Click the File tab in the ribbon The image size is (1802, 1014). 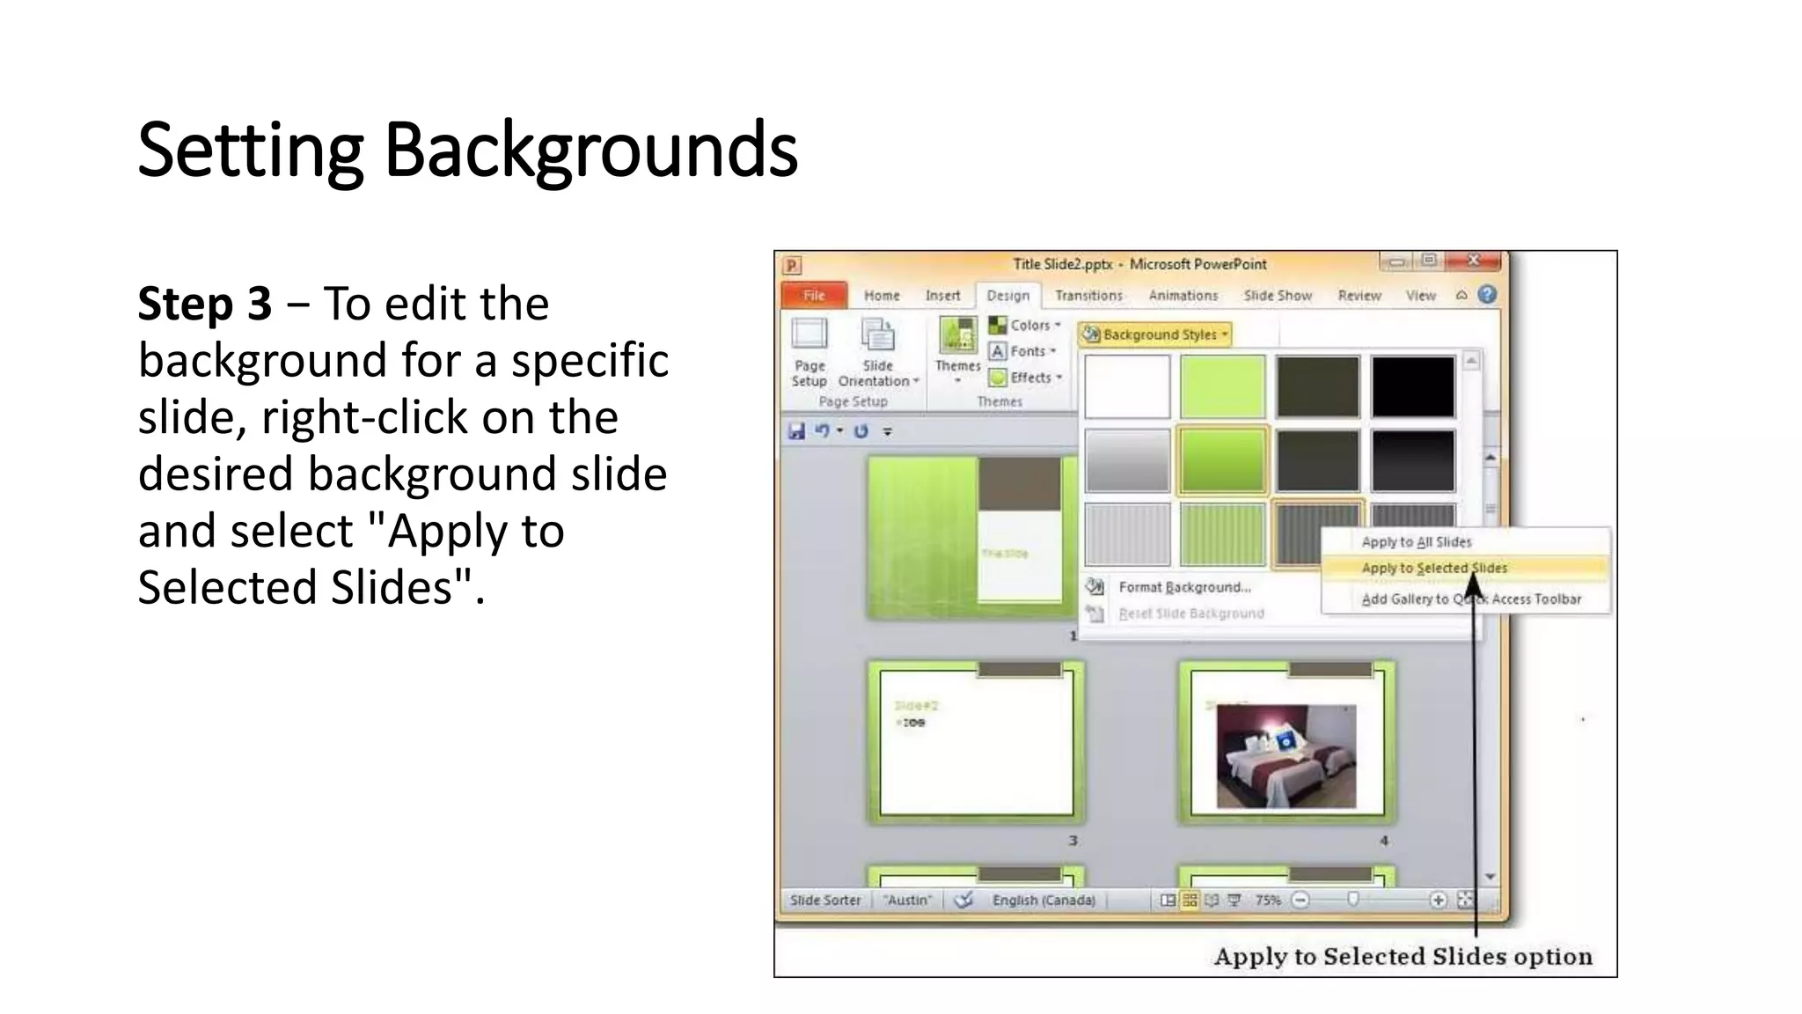pos(814,296)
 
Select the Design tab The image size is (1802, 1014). pos(1007,296)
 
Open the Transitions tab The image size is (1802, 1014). pos(1088,296)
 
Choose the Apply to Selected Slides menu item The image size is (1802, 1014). pos(1434,569)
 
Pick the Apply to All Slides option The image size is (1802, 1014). pos(1416,542)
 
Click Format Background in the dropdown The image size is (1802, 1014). pos(1183,587)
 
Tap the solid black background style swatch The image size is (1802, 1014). pos(1412,386)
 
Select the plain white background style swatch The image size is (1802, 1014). pos(1127,386)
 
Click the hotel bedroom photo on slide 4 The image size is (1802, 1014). pos(1286,756)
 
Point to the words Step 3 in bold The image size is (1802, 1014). pos(204,304)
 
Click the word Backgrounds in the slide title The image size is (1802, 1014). pos(590,150)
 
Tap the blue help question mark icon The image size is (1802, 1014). pos(1487,295)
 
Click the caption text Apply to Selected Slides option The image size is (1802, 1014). pos(1403,957)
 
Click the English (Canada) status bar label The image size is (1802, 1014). pos(1044,900)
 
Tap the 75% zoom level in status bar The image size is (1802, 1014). pos(1267,900)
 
